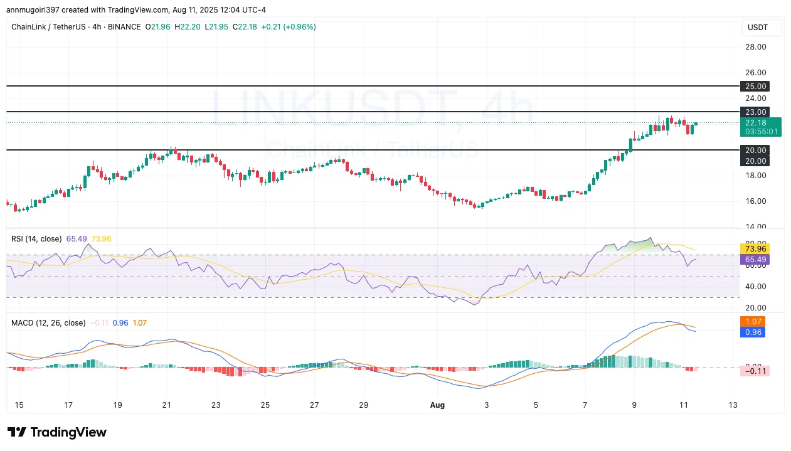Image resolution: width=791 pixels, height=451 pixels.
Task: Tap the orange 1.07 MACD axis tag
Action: (753, 322)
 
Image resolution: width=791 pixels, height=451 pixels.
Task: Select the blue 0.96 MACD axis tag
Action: (753, 332)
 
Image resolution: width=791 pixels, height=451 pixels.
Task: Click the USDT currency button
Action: (762, 28)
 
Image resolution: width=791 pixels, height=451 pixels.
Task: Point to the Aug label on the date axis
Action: (437, 405)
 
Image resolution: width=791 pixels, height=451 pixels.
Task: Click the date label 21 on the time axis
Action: (166, 405)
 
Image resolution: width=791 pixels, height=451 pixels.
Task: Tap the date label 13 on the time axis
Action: (732, 405)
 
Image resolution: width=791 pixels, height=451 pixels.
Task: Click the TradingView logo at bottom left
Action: (57, 432)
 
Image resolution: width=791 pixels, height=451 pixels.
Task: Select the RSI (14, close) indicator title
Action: (36, 239)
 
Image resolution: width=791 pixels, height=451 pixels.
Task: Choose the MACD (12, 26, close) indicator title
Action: (48, 323)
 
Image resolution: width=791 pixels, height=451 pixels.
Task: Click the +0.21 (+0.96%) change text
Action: (290, 27)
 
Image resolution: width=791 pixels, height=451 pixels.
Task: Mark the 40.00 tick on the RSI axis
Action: (756, 287)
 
